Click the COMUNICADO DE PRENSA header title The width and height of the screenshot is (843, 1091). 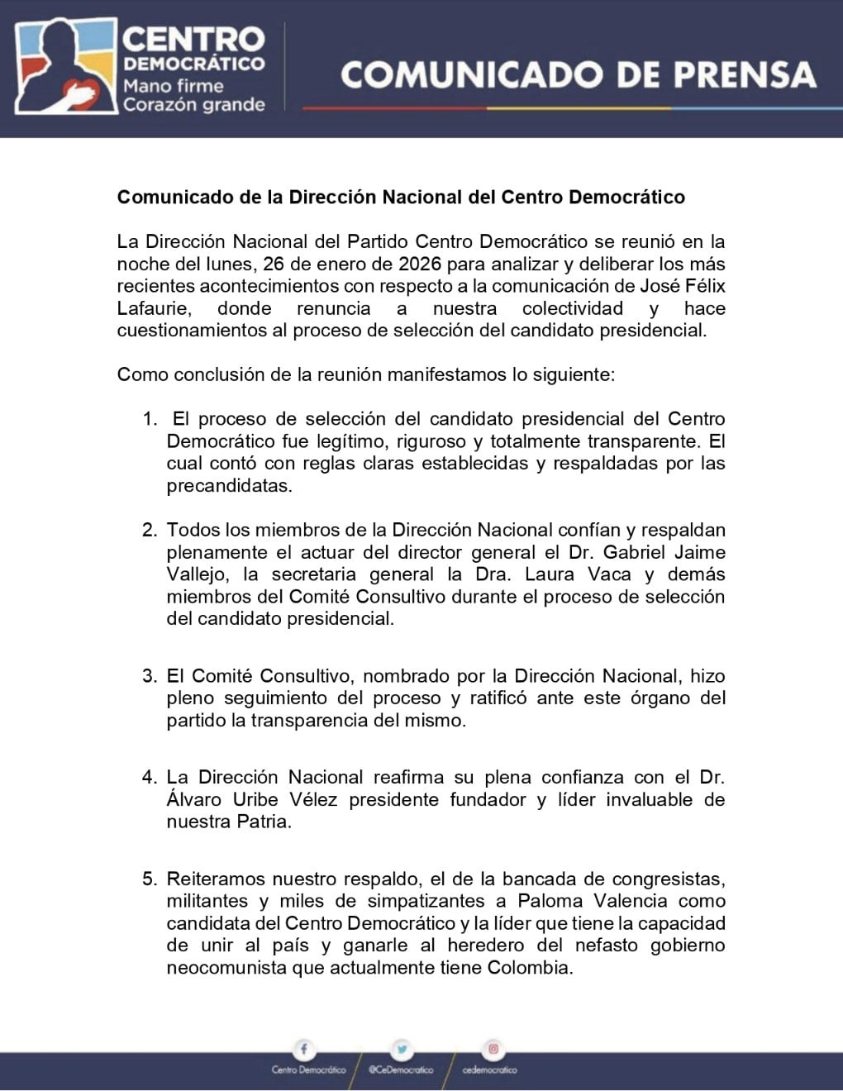pyautogui.click(x=578, y=74)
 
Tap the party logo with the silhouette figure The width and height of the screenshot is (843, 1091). pyautogui.click(x=66, y=66)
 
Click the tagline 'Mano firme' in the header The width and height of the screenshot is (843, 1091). pyautogui.click(x=173, y=86)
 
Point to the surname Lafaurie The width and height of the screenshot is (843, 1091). pyautogui.click(x=153, y=308)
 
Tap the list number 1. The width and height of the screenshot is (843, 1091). pyautogui.click(x=149, y=419)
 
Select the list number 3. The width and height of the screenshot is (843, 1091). pyautogui.click(x=149, y=676)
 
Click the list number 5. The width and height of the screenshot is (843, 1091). pyautogui.click(x=149, y=879)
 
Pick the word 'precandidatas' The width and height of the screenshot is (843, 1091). pyautogui.click(x=229, y=486)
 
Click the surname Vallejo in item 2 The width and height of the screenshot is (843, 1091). pyautogui.click(x=196, y=574)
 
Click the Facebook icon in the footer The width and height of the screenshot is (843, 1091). pyautogui.click(x=304, y=1050)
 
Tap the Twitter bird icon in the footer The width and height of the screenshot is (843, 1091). pyautogui.click(x=402, y=1050)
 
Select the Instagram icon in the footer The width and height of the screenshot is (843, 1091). pyautogui.click(x=493, y=1050)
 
